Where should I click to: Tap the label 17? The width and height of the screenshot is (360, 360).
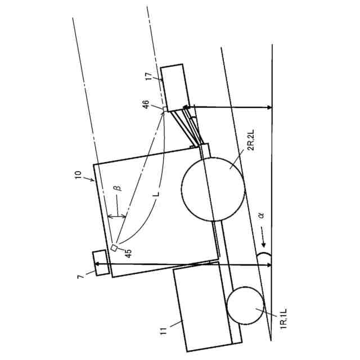click(148, 76)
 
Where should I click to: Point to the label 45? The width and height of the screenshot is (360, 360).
click(128, 254)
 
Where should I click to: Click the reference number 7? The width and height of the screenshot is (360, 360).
click(80, 276)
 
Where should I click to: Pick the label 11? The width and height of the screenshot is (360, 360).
click(164, 331)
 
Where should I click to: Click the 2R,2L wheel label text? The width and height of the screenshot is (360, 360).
click(251, 140)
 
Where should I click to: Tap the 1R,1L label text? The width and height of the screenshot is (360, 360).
click(283, 319)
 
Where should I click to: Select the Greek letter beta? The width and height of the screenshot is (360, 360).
click(119, 187)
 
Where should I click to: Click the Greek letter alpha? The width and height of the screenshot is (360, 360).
click(261, 215)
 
